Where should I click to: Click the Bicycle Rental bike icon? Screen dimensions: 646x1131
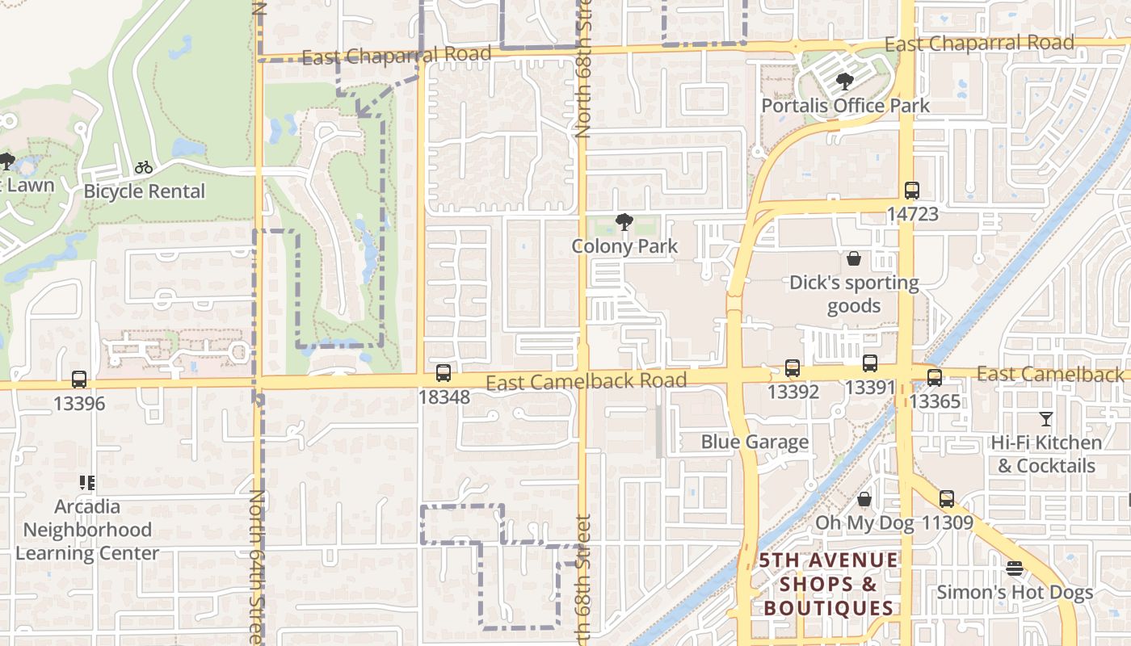click(x=144, y=168)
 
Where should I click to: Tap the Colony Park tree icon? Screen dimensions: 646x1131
click(x=624, y=222)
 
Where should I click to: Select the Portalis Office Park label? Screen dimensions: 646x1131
click(x=845, y=106)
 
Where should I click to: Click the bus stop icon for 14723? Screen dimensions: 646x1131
click(x=912, y=191)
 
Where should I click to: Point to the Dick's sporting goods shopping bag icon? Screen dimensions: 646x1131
click(x=854, y=258)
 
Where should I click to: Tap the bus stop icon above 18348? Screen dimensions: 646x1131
click(x=443, y=373)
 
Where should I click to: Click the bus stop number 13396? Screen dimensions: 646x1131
click(x=79, y=403)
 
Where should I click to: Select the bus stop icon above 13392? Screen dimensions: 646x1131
click(x=792, y=368)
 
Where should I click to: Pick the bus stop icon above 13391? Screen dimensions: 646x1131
click(x=870, y=363)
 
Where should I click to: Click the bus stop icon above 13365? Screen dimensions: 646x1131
click(x=935, y=377)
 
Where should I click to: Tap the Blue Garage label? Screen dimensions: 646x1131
click(x=755, y=442)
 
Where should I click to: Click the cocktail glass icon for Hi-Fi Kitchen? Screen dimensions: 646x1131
click(x=1046, y=419)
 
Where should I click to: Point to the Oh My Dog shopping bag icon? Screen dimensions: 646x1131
click(x=864, y=500)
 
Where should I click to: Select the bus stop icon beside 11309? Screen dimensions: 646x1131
click(x=946, y=499)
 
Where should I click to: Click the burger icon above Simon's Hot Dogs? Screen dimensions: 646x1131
click(x=1015, y=568)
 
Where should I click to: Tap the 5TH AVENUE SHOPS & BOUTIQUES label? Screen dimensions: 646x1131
click(x=829, y=585)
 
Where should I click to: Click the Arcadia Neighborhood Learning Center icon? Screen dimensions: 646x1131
click(x=87, y=483)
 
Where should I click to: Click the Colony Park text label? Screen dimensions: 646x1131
click(x=624, y=246)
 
